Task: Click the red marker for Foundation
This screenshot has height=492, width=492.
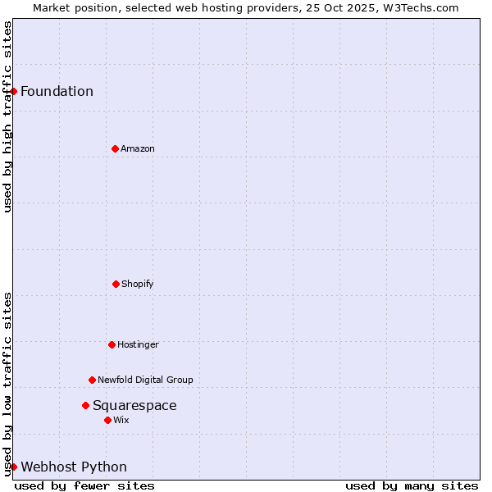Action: (x=14, y=91)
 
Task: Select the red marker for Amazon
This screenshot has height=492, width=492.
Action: (x=115, y=148)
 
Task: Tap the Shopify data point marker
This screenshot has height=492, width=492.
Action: (x=116, y=284)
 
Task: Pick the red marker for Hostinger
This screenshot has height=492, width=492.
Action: (x=112, y=344)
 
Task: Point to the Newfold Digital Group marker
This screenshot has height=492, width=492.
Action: (x=92, y=380)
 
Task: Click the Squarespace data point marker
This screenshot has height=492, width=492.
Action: (x=85, y=405)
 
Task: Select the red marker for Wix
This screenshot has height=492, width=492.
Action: (x=107, y=420)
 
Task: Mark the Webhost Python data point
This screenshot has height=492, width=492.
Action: (x=14, y=467)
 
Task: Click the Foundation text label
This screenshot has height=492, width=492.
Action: (x=57, y=91)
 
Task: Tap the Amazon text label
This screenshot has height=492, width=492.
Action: (x=138, y=148)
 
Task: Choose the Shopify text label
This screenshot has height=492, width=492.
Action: (x=138, y=284)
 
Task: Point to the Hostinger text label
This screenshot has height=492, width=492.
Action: (x=138, y=344)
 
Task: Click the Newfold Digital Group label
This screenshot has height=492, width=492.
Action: (x=145, y=380)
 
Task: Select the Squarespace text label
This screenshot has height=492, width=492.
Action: (x=134, y=405)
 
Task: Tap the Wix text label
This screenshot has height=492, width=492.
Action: (x=121, y=420)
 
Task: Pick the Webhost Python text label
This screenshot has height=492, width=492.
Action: (x=74, y=467)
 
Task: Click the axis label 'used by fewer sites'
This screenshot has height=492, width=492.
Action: (x=84, y=485)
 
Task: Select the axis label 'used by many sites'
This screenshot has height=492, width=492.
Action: (x=412, y=485)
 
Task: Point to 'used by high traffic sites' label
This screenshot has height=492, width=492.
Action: (x=7, y=116)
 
